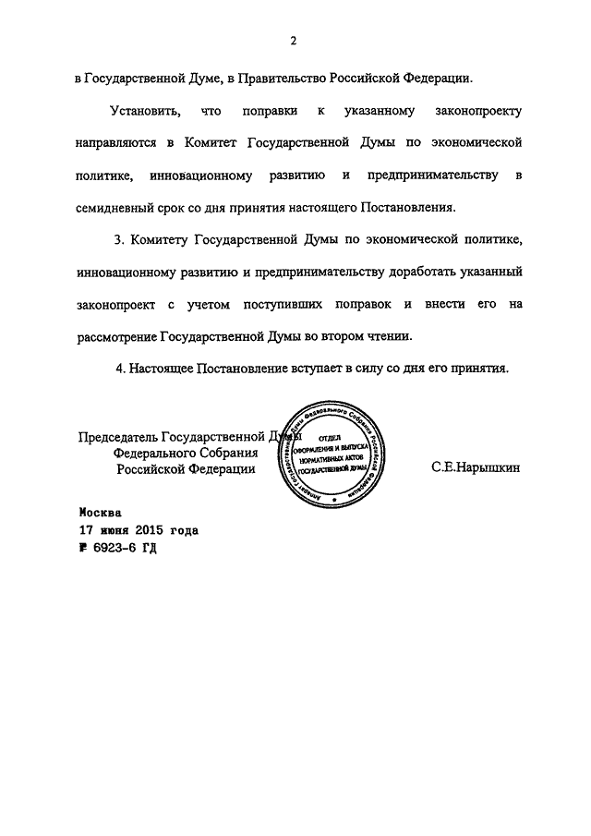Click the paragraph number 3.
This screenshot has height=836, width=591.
click(x=118, y=240)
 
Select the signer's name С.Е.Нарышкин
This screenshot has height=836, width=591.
click(x=475, y=468)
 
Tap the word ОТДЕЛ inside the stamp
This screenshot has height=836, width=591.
click(x=331, y=433)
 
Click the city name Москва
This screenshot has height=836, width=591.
click(x=100, y=513)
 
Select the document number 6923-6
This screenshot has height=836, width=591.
click(x=116, y=548)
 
